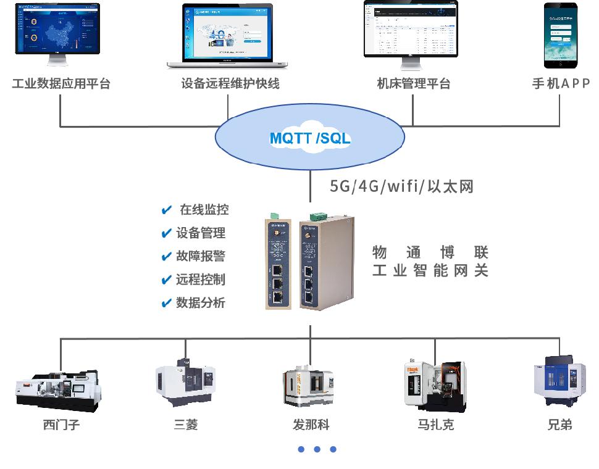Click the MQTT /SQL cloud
[x=309, y=138]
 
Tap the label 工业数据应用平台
[x=61, y=84]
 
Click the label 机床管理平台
[x=414, y=84]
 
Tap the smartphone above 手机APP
[x=561, y=34]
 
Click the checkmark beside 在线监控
[x=166, y=210]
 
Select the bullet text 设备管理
[x=201, y=233]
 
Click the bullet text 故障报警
[x=201, y=257]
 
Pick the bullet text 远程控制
[x=201, y=280]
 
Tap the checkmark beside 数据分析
[x=166, y=303]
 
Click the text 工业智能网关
[x=430, y=271]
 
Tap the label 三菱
[x=186, y=425]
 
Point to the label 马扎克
[x=436, y=425]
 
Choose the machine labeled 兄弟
[x=559, y=383]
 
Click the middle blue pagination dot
[x=317, y=449]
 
